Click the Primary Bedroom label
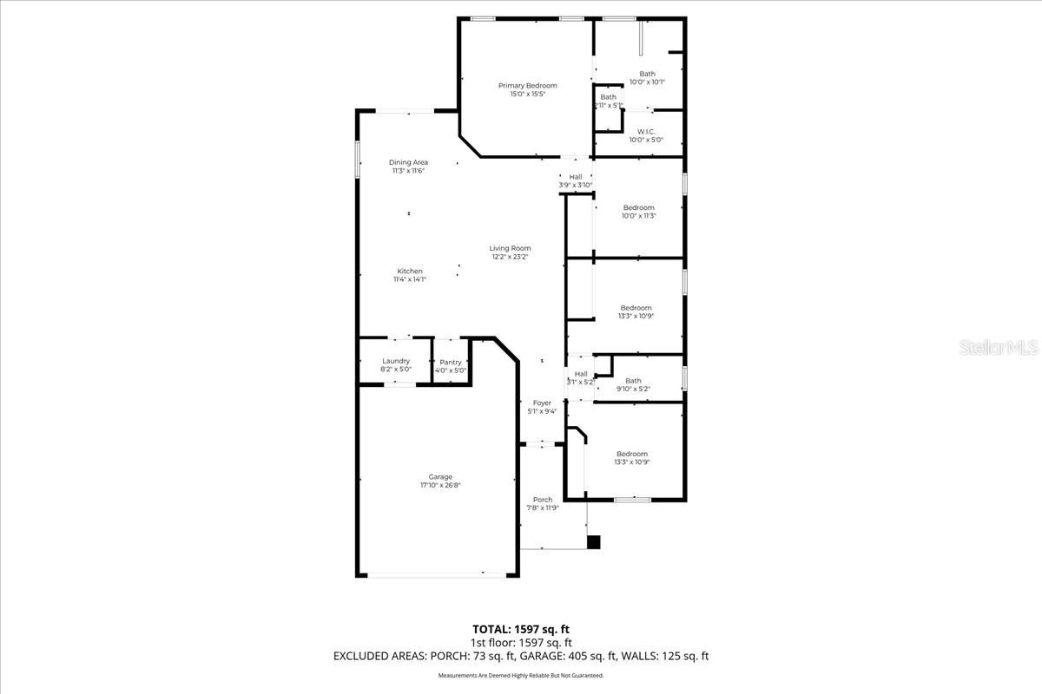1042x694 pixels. pos(527,86)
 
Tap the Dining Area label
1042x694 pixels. pos(408,162)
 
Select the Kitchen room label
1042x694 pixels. pos(410,271)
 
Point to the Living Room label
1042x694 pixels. pos(510,248)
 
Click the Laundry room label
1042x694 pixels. pos(395,361)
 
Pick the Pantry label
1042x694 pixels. pos(451,362)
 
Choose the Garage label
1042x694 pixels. pos(440,477)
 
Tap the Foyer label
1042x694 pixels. pos(542,403)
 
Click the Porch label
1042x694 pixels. pos(543,500)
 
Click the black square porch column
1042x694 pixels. pos(594,542)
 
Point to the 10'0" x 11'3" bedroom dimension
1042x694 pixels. pos(638,216)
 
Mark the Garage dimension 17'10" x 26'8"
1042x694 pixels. pos(440,486)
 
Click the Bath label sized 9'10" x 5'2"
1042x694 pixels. pos(633,380)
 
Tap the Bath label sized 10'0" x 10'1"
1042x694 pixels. pos(647,74)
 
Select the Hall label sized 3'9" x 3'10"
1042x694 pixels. pos(575,176)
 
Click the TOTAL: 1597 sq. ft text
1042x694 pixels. pos(521,629)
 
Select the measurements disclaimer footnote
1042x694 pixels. pos(521,675)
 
